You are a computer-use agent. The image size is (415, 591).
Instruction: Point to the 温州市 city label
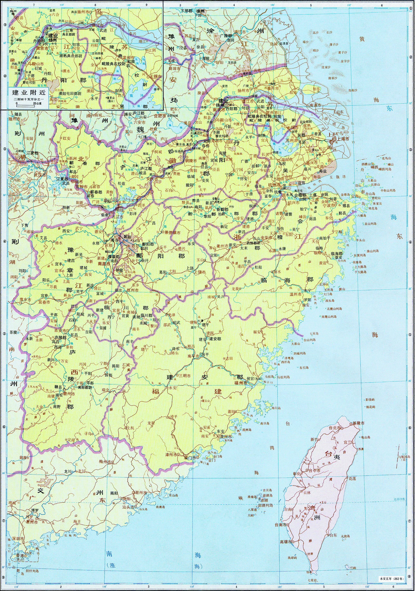coord(295,294)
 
